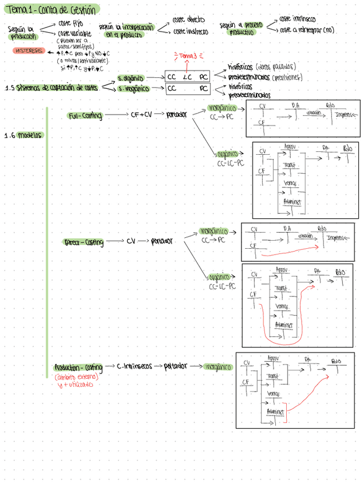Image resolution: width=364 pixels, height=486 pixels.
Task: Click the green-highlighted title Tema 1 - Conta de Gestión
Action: [51, 9]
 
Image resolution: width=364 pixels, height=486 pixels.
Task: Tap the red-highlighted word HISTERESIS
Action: [29, 50]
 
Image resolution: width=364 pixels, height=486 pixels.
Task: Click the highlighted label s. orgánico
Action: [130, 77]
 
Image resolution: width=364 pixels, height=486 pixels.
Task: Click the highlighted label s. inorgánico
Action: [133, 89]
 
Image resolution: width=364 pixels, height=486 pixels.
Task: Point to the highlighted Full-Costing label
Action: [85, 116]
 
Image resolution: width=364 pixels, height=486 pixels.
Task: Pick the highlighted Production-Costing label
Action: [78, 367]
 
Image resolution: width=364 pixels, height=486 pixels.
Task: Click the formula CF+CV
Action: [141, 115]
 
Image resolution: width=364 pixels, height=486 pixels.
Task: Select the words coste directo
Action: [188, 20]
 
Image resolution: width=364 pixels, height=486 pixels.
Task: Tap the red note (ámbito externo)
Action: [76, 377]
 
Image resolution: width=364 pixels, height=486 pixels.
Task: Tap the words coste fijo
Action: [70, 23]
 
